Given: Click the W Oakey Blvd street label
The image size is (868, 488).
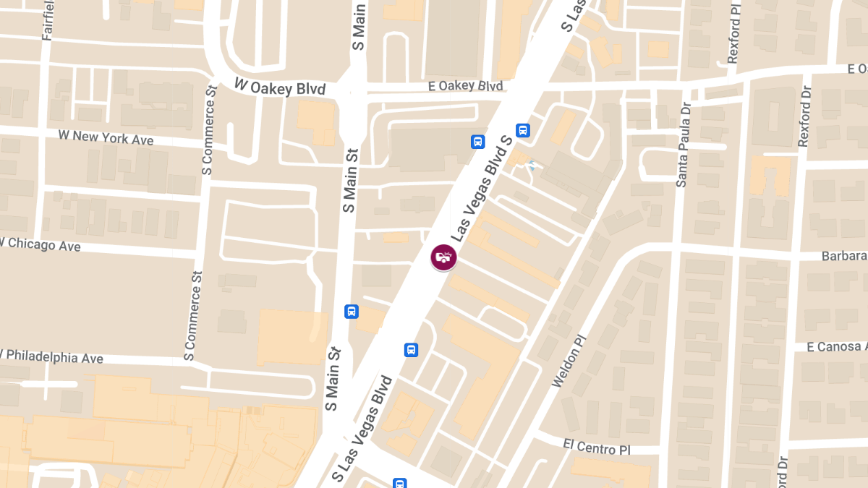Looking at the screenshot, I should pyautogui.click(x=281, y=87).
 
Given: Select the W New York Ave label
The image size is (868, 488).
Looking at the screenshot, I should pyautogui.click(x=106, y=137).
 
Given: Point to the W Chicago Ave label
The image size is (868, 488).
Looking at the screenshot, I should pyautogui.click(x=41, y=244).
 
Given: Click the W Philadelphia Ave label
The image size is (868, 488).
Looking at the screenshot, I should pyautogui.click(x=52, y=357).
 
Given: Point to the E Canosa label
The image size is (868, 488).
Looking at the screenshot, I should pyautogui.click(x=836, y=347).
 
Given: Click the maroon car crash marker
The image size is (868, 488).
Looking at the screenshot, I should pyautogui.click(x=443, y=257).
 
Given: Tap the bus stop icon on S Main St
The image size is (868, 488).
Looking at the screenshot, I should pyautogui.click(x=352, y=312).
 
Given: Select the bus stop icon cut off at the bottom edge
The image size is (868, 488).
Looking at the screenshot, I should pyautogui.click(x=399, y=483).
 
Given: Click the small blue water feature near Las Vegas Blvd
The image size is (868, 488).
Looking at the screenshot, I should pyautogui.click(x=532, y=165).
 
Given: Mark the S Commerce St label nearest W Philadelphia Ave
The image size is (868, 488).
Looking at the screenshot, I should pyautogui.click(x=192, y=316).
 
